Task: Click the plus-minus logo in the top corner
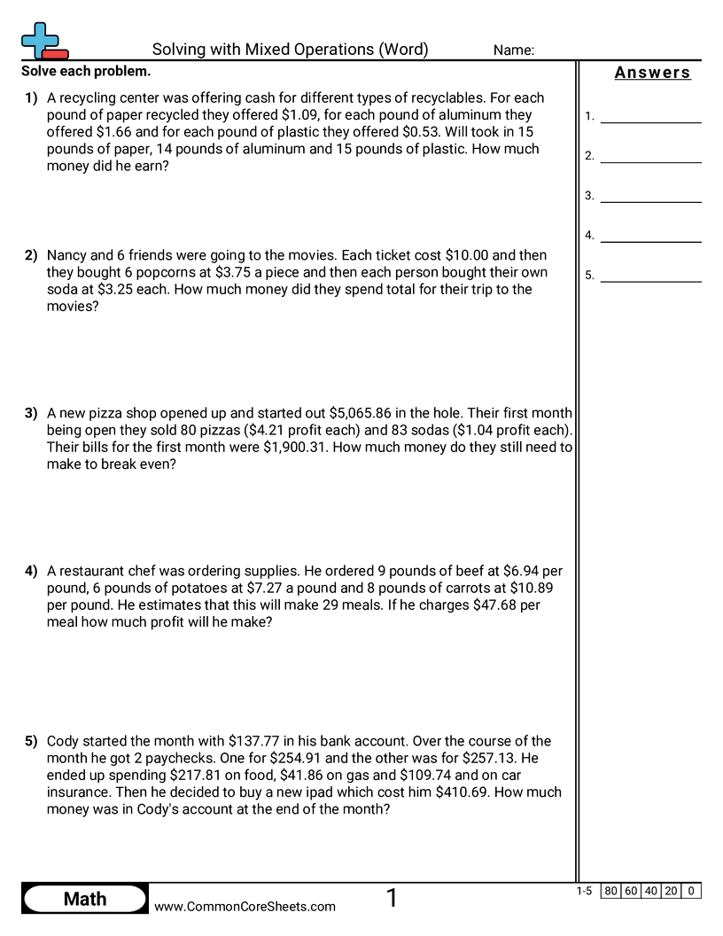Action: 43,41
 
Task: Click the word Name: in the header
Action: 514,51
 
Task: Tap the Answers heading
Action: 652,73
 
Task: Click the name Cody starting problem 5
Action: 64,741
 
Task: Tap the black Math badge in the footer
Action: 85,899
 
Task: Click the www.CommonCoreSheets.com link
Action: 245,907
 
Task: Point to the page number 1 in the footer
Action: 392,899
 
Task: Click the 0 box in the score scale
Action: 691,891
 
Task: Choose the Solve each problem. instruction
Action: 86,71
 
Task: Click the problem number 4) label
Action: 31,571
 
